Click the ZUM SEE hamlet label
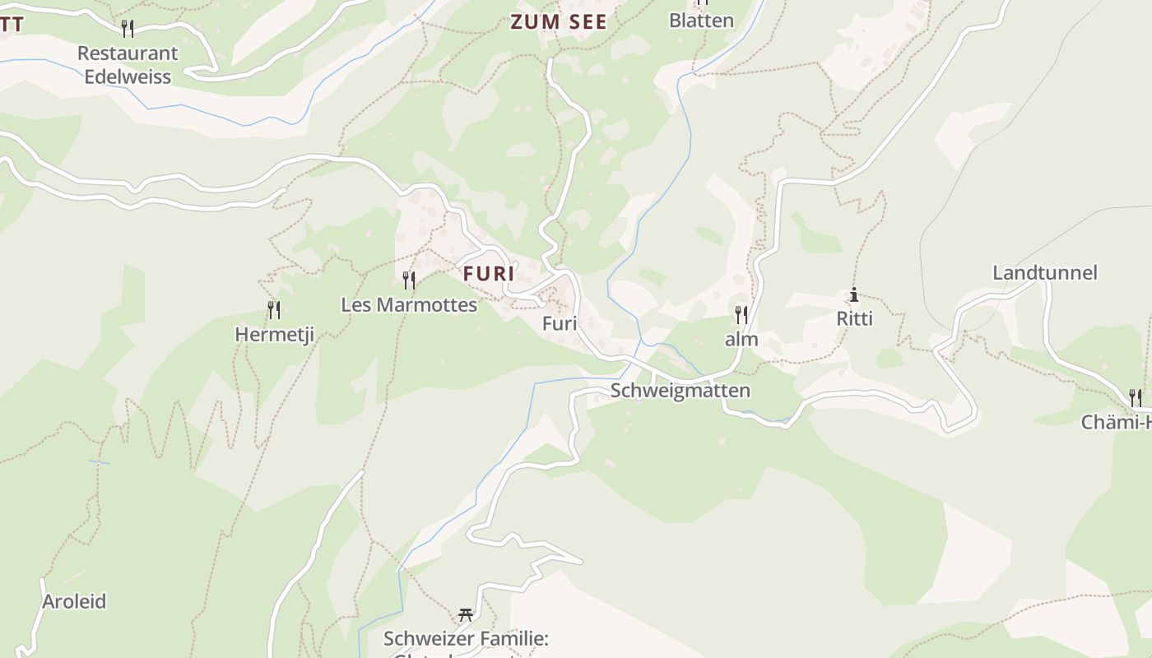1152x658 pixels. (x=559, y=22)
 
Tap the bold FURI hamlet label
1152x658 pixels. (x=489, y=274)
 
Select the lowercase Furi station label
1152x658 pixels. (x=560, y=323)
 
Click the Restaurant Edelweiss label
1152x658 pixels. (x=128, y=65)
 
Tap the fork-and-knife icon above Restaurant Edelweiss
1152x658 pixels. (x=128, y=29)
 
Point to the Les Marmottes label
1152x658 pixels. (x=409, y=305)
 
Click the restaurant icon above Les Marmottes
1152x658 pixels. (x=409, y=280)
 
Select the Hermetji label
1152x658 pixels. (x=274, y=335)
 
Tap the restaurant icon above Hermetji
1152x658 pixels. (x=274, y=310)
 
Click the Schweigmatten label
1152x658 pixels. (x=681, y=391)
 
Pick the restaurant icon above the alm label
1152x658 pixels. (x=741, y=314)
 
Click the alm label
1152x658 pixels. (x=741, y=340)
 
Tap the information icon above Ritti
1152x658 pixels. (x=854, y=294)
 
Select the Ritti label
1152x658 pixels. (x=854, y=318)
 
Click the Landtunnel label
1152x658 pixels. (x=1045, y=273)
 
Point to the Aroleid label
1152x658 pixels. (x=74, y=601)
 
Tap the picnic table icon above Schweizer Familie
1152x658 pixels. (x=466, y=614)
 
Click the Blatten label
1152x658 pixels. (x=701, y=21)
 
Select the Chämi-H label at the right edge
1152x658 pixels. (x=1117, y=423)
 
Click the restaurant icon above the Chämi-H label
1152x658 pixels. (x=1136, y=398)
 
